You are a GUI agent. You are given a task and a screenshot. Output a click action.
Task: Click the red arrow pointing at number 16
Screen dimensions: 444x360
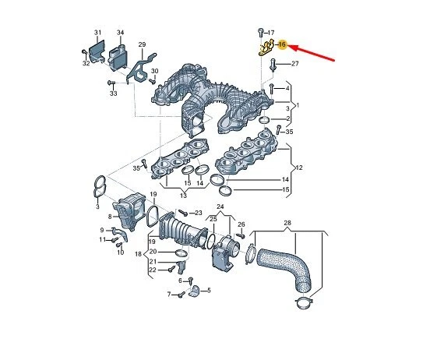tap(312, 53)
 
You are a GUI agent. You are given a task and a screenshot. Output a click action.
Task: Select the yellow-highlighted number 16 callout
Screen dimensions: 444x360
tap(282, 44)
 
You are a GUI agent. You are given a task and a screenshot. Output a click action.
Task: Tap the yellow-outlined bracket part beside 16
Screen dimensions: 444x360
tap(266, 48)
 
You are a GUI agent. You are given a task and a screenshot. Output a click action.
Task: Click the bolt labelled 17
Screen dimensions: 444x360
tap(260, 33)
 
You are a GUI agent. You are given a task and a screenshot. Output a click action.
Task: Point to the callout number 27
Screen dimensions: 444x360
tap(294, 64)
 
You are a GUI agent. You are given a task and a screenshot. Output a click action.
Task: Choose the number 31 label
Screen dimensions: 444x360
tap(97, 33)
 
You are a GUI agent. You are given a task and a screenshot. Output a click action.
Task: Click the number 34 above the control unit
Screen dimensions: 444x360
tap(120, 33)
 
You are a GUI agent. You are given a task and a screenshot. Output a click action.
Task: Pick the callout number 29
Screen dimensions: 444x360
tap(142, 44)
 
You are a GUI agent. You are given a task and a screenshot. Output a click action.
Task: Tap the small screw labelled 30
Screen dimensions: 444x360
tap(153, 81)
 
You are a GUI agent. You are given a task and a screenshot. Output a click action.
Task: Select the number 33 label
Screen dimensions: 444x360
tap(113, 94)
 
